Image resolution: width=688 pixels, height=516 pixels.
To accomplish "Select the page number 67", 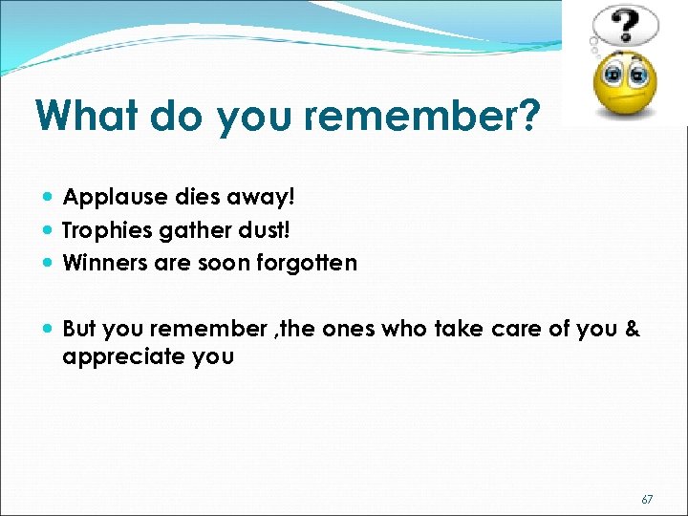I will coord(647,499).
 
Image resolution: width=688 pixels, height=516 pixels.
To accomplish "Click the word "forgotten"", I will coord(310,263).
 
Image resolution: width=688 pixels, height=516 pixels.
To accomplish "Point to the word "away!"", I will coord(267,198).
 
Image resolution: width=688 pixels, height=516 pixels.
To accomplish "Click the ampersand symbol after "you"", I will coord(632,329).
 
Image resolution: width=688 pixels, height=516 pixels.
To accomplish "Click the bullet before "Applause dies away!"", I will coord(49,198).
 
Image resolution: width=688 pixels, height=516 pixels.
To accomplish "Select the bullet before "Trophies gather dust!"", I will coord(49,230).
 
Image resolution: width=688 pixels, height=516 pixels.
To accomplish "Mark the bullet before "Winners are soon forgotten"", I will coord(49,263).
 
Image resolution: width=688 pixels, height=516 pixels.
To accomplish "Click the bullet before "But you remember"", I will coord(49,329).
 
